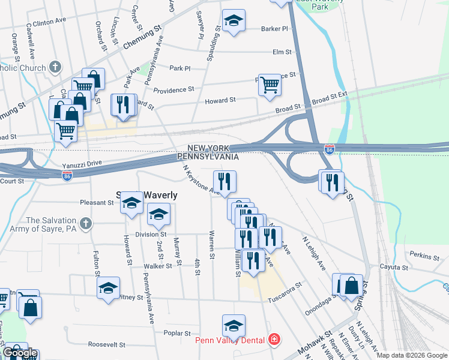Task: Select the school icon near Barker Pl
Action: (x=234, y=22)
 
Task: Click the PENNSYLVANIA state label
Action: (x=208, y=157)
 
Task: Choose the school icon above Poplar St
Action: (x=234, y=325)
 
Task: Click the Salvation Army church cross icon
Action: (x=86, y=224)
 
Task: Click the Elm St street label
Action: (x=282, y=52)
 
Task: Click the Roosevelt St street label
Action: (x=106, y=345)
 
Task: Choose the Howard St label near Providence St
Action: (x=220, y=101)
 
